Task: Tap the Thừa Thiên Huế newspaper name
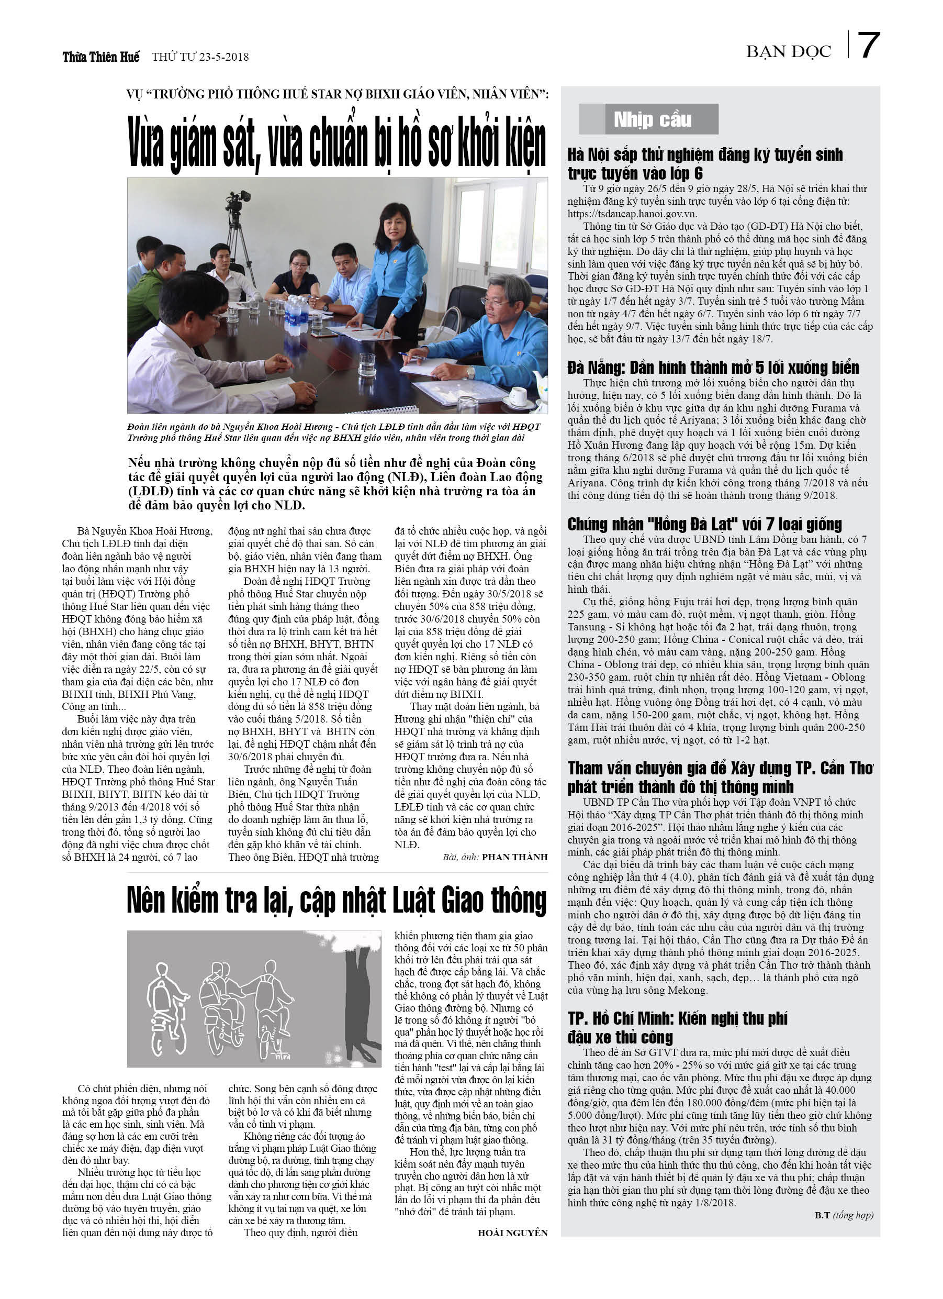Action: [101, 57]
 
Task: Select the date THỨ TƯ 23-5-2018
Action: [200, 57]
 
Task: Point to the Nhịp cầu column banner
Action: [652, 119]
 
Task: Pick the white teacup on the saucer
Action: [518, 395]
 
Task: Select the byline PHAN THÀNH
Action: [514, 857]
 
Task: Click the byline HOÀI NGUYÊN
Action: [512, 1233]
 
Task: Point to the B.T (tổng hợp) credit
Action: [844, 1215]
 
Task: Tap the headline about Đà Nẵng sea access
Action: [713, 367]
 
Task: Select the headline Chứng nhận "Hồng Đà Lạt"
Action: [704, 524]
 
